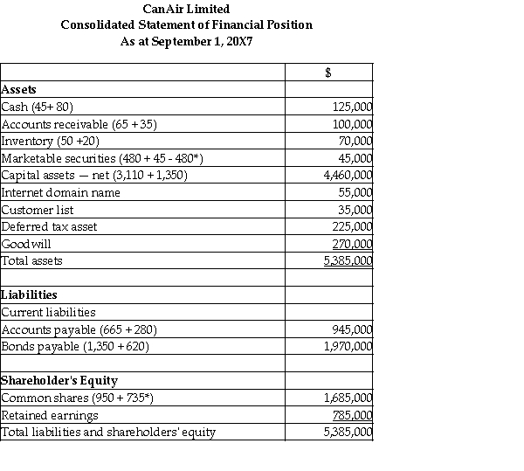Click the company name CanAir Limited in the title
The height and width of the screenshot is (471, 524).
tap(186, 8)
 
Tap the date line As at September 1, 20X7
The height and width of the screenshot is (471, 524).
tap(186, 41)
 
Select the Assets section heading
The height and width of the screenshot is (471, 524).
tap(20, 89)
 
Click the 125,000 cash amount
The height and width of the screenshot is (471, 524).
tap(353, 107)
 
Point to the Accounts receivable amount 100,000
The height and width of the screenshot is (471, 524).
tap(353, 124)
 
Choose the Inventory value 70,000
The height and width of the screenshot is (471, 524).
tap(356, 141)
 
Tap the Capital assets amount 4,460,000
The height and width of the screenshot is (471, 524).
tap(348, 175)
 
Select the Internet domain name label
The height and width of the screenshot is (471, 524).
tap(61, 192)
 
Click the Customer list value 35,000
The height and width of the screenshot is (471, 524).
tap(356, 210)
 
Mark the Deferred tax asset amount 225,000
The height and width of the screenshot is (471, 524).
tap(353, 226)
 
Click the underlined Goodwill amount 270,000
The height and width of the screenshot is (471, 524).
tap(353, 244)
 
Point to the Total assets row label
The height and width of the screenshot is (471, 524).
tap(32, 260)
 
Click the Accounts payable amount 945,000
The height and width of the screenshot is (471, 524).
tap(353, 329)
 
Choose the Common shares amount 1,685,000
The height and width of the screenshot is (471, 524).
tap(348, 398)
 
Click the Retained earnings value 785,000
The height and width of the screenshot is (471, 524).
tap(353, 415)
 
